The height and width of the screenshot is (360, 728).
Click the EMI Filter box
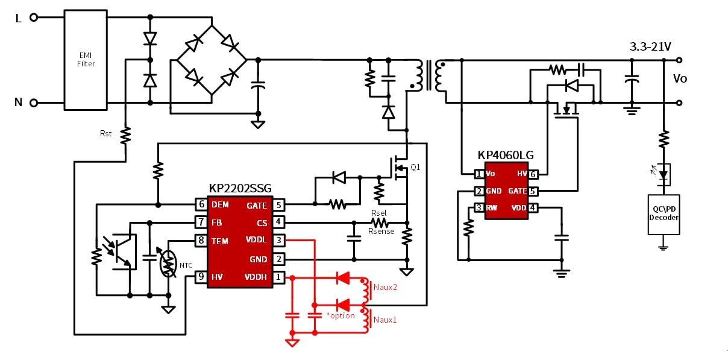(x=86, y=60)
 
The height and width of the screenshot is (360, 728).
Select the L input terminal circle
(x=34, y=17)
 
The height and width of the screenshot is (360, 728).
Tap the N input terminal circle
(x=34, y=103)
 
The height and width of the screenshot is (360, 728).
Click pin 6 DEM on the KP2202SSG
(x=201, y=204)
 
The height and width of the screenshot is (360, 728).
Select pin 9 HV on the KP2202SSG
(x=201, y=277)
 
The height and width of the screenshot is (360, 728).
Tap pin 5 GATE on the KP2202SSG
(x=278, y=205)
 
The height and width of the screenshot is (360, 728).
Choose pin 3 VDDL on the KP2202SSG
(x=278, y=241)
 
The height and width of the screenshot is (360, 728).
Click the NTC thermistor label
(x=186, y=265)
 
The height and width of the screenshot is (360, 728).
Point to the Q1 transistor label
(x=415, y=168)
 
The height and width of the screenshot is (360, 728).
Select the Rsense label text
(x=381, y=231)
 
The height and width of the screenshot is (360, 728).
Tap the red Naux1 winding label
(x=385, y=320)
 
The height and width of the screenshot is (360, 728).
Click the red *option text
(x=340, y=316)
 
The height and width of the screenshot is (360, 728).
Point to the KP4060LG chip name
(x=506, y=156)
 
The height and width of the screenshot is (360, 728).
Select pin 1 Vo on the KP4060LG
(x=479, y=174)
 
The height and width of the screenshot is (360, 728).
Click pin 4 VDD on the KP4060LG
(x=533, y=208)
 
